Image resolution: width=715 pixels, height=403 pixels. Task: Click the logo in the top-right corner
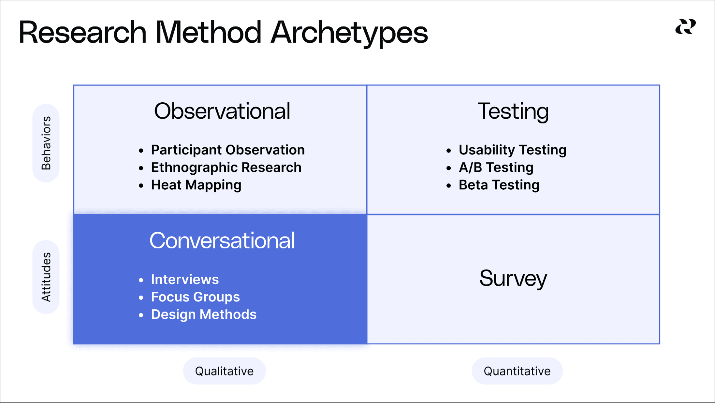point(685,27)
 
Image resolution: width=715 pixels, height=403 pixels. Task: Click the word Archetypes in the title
point(349,33)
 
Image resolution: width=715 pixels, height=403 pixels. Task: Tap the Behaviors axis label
point(46,143)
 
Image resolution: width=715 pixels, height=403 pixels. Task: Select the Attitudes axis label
point(46,277)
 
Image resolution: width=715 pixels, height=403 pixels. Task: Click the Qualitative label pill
point(224,371)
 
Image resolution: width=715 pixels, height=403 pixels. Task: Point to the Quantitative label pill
point(517,371)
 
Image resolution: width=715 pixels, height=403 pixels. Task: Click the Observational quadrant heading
point(222,111)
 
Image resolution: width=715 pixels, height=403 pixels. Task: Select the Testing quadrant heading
point(513,112)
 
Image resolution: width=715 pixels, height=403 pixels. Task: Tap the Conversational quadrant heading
point(222,241)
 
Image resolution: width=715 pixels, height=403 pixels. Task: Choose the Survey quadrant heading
point(513,279)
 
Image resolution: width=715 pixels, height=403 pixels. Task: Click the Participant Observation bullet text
point(228,150)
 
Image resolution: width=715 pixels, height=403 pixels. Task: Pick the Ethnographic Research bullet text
point(226,167)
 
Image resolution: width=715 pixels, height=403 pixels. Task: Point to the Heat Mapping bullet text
point(196,185)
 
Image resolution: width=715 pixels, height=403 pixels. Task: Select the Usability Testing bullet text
point(513,150)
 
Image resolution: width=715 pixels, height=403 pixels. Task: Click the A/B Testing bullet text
point(496,167)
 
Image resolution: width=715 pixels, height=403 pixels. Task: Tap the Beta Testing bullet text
point(499,185)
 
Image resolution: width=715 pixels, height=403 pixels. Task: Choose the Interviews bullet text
point(185,280)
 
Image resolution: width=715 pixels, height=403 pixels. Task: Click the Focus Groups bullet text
point(195,297)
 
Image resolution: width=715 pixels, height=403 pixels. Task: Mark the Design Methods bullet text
point(204,315)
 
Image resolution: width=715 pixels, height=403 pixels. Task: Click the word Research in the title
point(83,33)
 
